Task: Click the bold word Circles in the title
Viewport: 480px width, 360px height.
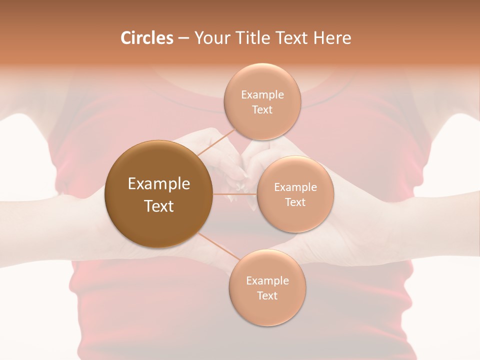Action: [x=147, y=38]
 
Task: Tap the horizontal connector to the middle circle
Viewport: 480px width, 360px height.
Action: [x=235, y=194]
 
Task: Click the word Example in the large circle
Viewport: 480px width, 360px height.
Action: [x=159, y=184]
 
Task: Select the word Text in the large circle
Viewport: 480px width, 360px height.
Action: [x=159, y=206]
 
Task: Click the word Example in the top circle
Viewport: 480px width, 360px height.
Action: [x=262, y=94]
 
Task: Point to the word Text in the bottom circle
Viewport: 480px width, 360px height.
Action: [x=267, y=295]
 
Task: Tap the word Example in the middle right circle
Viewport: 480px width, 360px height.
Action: [x=295, y=187]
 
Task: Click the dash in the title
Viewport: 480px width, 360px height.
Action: [x=183, y=38]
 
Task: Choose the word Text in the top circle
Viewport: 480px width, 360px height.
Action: [x=262, y=109]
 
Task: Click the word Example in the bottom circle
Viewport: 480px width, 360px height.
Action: [x=267, y=280]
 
